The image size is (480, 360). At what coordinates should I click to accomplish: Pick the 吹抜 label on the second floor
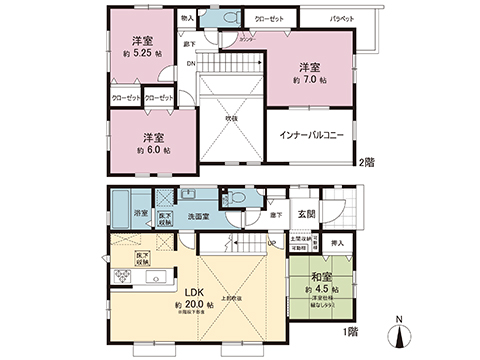231,117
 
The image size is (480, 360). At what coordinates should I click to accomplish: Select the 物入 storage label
188,18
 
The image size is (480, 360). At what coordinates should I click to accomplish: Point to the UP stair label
273,241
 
